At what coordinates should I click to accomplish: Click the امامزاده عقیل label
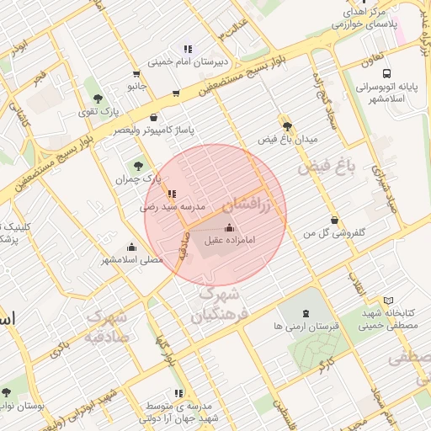coord(231,241)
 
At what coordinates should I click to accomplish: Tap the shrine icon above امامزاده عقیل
coord(229,227)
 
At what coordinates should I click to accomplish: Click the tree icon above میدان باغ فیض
coord(287,125)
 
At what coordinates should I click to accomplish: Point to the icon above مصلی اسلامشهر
coord(131,247)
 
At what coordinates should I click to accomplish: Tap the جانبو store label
coord(136,86)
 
